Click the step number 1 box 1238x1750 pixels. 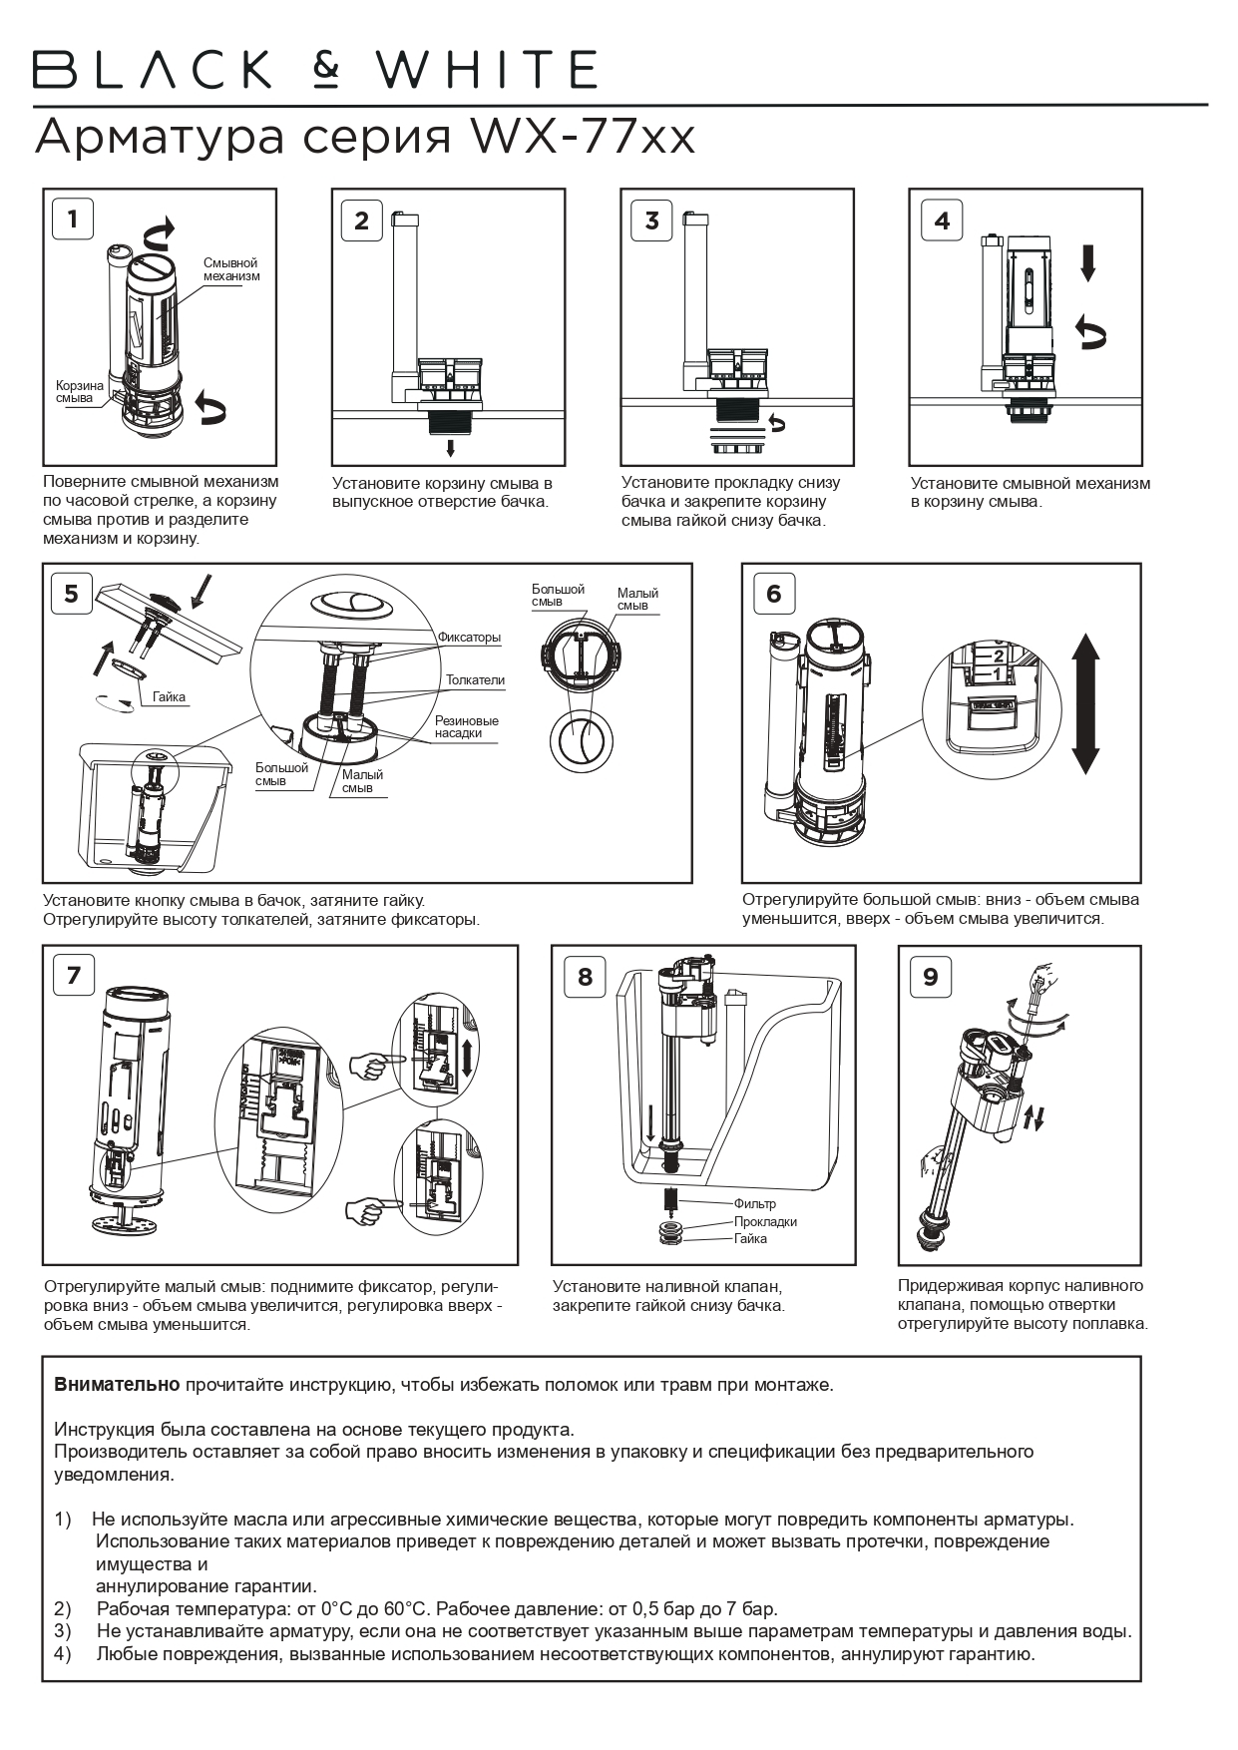pos(73,218)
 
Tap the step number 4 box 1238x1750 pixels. pos(941,219)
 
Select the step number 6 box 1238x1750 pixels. pos(774,594)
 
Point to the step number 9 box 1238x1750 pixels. pos(930,976)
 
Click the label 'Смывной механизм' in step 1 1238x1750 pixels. pos(231,269)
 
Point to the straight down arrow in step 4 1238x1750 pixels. pos(1088,264)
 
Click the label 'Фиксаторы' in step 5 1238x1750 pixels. pos(469,638)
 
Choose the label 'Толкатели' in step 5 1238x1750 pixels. pos(475,680)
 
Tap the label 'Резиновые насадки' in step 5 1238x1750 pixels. pos(466,726)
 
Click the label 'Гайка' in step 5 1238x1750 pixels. pos(170,697)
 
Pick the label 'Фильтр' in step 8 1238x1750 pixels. pos(754,1203)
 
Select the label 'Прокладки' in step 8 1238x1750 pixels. pos(765,1221)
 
